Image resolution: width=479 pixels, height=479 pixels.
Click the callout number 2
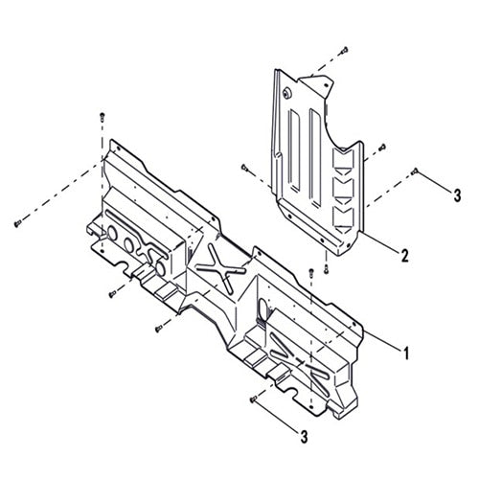pyautogui.click(x=406, y=256)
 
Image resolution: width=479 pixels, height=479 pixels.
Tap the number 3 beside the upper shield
pyautogui.click(x=457, y=194)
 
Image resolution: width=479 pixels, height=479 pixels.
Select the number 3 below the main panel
pyautogui.click(x=304, y=437)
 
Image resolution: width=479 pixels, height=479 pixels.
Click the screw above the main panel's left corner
pyautogui.click(x=101, y=115)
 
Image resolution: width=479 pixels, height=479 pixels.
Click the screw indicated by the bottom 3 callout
pyautogui.click(x=253, y=399)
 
